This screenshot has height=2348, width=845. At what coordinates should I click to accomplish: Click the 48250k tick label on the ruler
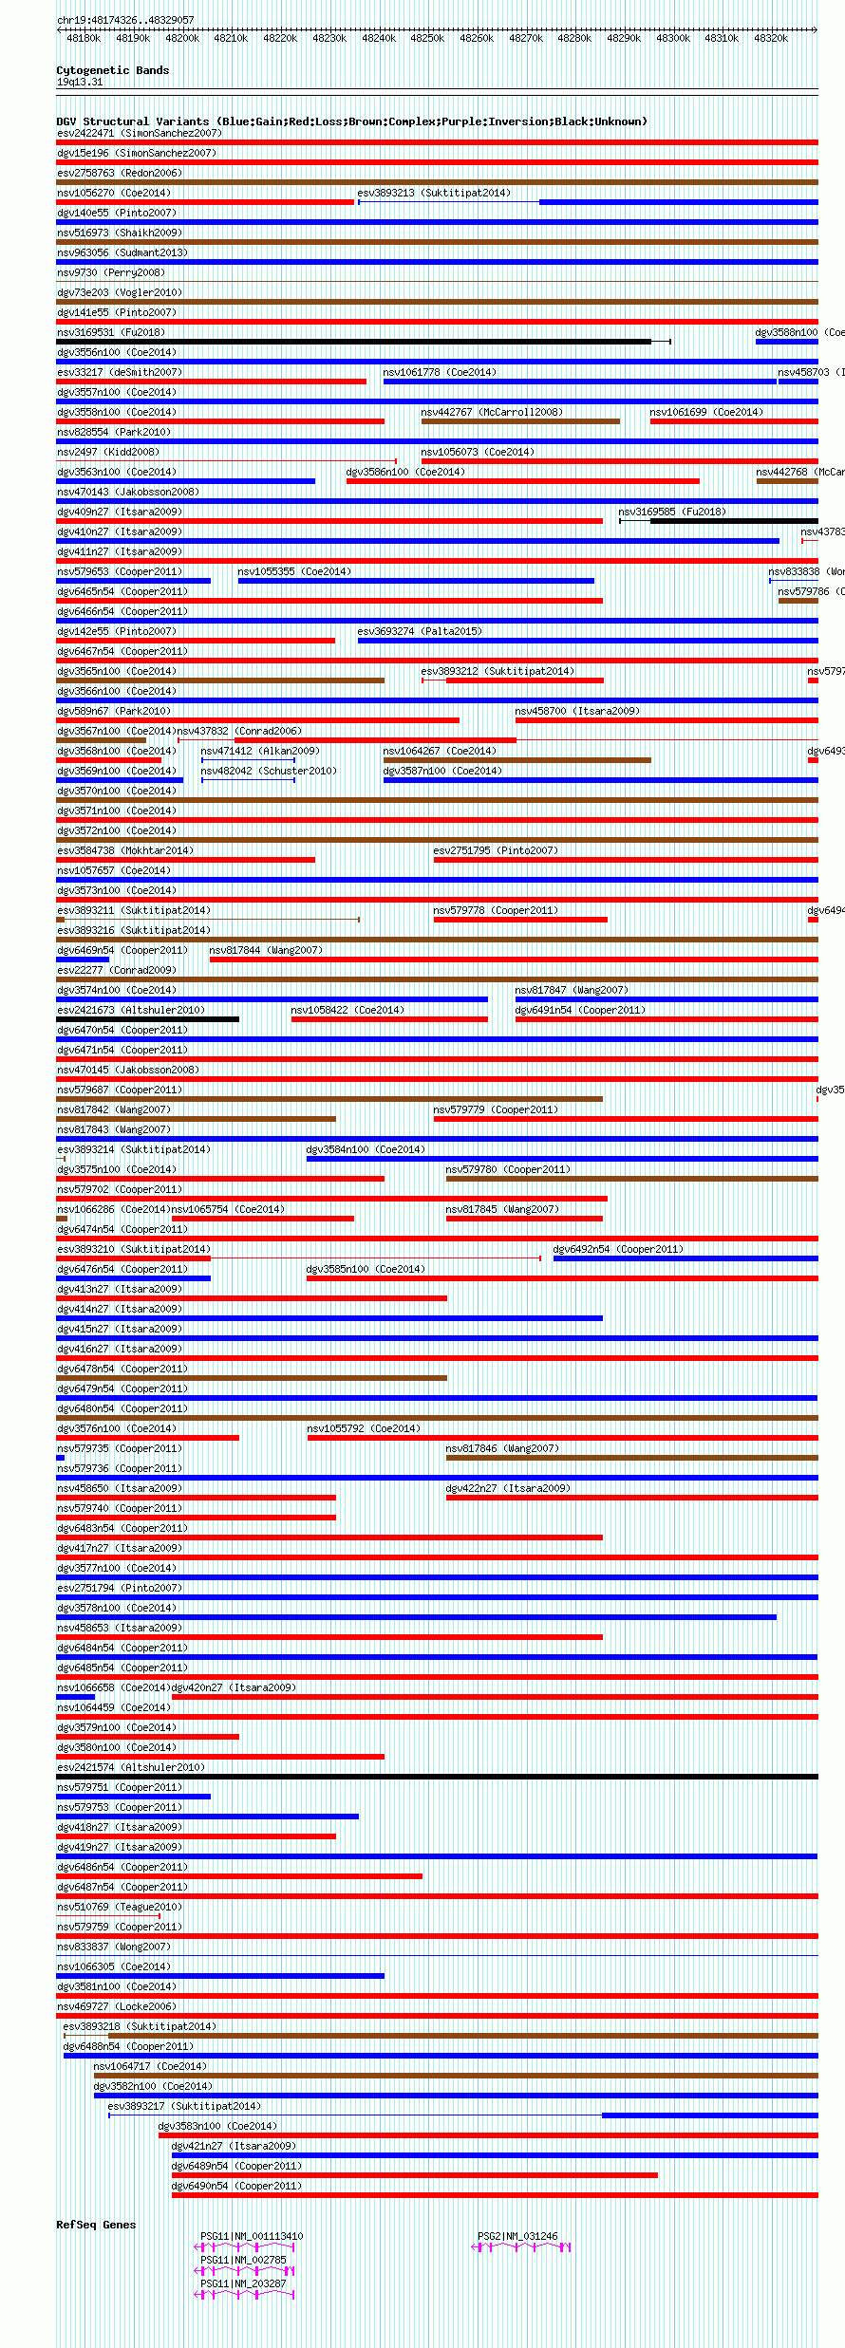coord(426,38)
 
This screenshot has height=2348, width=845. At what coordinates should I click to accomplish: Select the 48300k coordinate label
coord(672,38)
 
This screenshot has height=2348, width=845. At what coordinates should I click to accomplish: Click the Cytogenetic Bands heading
coord(112,70)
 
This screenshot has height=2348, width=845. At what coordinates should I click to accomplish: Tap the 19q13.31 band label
coord(80,82)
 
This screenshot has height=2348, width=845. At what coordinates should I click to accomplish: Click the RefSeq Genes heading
coord(96,2225)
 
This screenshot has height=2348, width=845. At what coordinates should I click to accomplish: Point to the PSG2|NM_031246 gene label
coord(517,2236)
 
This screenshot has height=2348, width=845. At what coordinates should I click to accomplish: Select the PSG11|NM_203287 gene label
coord(243,2283)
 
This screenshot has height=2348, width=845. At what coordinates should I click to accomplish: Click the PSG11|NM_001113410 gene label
coord(252,2236)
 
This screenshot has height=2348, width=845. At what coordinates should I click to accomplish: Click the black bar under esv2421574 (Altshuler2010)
coord(437,1777)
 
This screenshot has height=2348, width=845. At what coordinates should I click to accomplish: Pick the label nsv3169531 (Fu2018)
coord(110,332)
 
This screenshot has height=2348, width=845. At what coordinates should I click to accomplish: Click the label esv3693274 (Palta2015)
coord(419,631)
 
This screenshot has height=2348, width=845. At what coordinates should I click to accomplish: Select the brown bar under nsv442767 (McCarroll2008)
coord(520,421)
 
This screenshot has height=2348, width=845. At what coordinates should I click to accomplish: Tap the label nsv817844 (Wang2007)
coord(265,950)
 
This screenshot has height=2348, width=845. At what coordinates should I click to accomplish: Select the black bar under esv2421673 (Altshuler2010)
coord(147,1019)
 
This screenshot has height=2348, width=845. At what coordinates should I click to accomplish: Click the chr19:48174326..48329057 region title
coord(125,20)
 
